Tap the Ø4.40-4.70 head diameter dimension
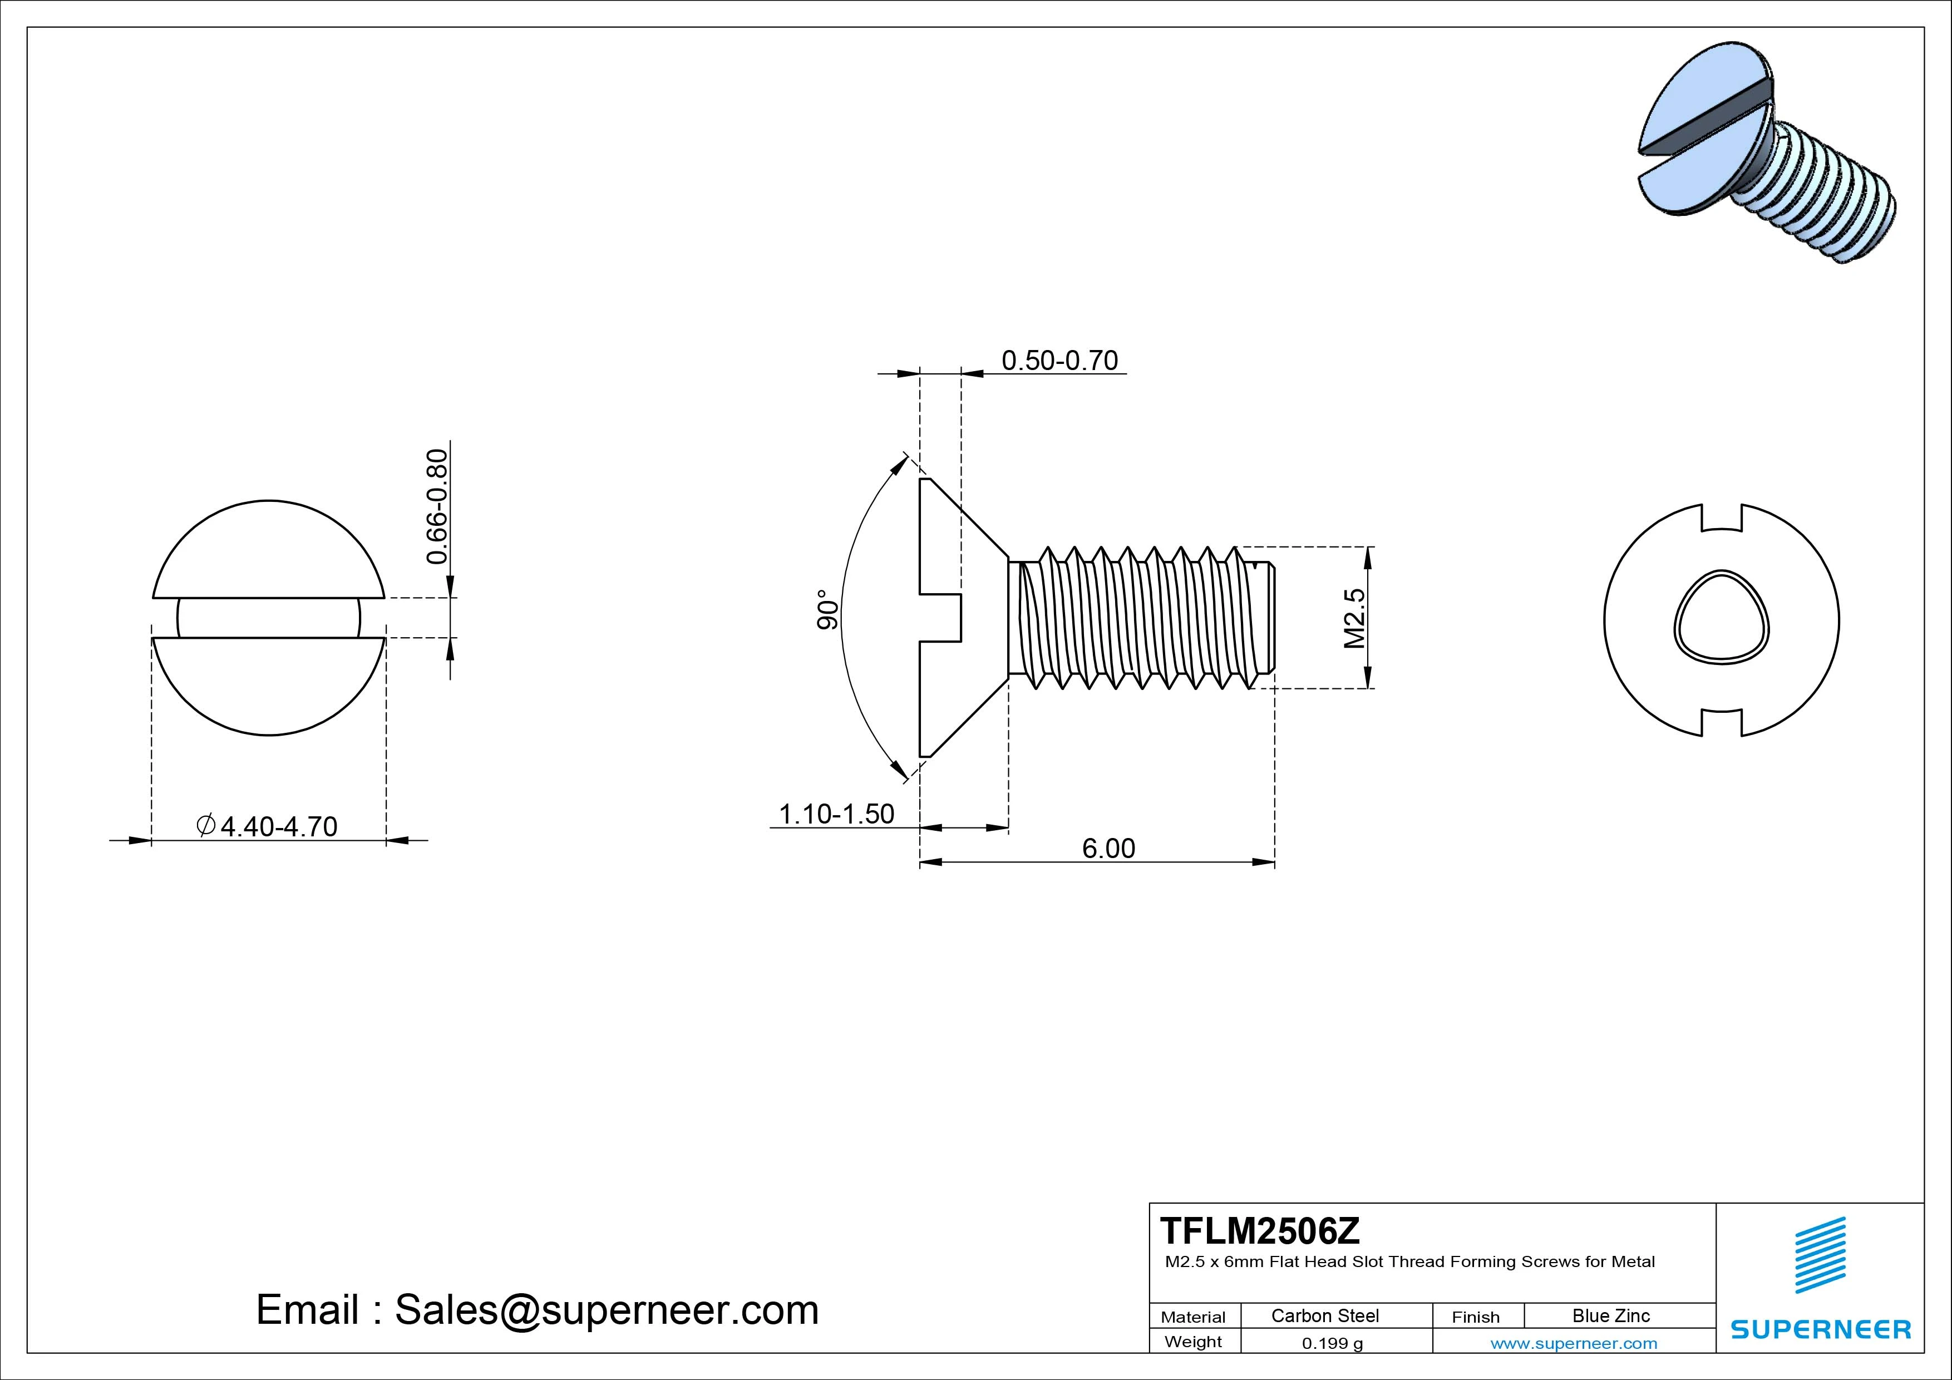pos(268,826)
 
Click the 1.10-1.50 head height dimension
pos(836,814)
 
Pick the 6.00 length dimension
pos(1108,847)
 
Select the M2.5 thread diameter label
pos(1354,618)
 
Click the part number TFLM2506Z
pos(1259,1230)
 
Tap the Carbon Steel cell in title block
pos(1324,1315)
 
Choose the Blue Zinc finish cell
pos(1610,1315)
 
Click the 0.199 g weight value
pos(1332,1343)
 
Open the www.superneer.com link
pos(1573,1343)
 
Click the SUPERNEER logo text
pos(1820,1329)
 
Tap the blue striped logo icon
pos(1820,1254)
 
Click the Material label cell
pos(1193,1316)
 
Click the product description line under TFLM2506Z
pos(1409,1262)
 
